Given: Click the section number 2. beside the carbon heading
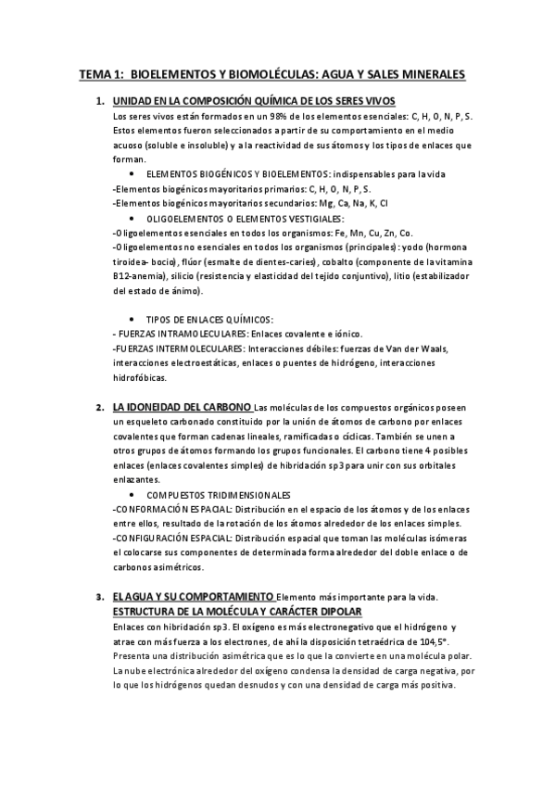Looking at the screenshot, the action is [x=99, y=407].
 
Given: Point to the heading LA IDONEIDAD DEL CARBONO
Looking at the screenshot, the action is [x=181, y=407].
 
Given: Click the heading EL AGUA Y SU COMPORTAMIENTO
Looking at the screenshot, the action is [x=193, y=595].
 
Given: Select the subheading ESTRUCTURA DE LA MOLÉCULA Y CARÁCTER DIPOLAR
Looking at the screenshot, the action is [x=236, y=612].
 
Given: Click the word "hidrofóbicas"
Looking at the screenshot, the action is [x=139, y=378].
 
